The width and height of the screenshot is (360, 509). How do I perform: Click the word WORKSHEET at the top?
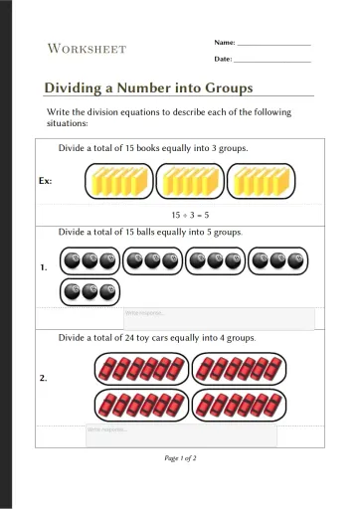87,49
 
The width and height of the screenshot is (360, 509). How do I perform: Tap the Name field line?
273,44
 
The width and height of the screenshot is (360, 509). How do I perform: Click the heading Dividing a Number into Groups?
148,88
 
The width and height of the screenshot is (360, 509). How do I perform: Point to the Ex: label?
46,182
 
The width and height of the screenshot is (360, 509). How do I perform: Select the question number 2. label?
44,378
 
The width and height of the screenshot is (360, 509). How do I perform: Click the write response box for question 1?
219,318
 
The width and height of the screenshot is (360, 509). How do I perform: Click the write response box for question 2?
181,435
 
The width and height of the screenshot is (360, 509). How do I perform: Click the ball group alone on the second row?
90,292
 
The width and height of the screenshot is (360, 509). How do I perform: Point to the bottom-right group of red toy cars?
238,405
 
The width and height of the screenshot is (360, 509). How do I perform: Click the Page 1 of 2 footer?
180,458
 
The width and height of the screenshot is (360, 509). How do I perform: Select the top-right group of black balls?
274,261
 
